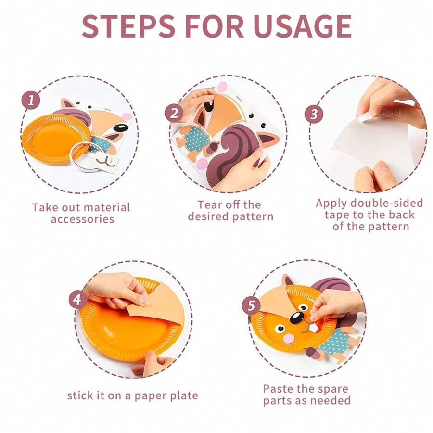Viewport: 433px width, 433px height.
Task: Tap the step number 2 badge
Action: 174,114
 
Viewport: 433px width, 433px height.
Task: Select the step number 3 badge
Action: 314,115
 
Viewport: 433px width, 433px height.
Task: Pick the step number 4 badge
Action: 77,300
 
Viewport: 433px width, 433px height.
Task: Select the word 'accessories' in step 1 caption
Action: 82,219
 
